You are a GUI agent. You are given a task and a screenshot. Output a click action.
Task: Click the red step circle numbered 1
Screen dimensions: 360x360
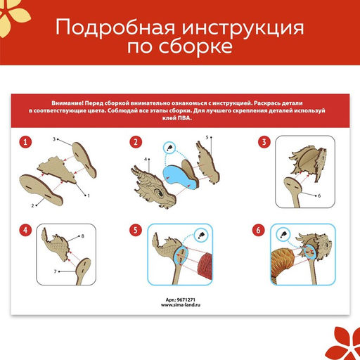click(26, 143)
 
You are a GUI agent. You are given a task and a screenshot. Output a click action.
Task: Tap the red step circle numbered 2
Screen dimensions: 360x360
click(136, 143)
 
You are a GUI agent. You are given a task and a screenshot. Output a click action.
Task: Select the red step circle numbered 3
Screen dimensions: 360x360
click(264, 143)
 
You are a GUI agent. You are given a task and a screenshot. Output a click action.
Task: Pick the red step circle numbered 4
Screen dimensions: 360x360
click(26, 230)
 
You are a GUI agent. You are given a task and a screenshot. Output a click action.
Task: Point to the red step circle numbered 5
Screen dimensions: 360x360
click(136, 230)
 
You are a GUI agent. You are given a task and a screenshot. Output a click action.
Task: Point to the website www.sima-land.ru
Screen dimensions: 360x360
click(180, 306)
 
